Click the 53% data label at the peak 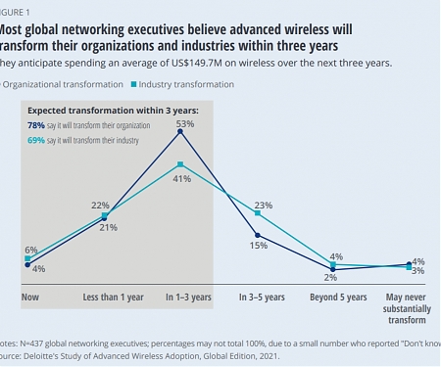[183, 125]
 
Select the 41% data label [183, 179]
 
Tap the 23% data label [264, 206]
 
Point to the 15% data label [258, 245]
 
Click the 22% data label [100, 205]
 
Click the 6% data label [31, 250]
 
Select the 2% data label [331, 277]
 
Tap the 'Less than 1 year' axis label [107, 296]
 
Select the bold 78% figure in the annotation [35, 126]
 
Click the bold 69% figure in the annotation [35, 142]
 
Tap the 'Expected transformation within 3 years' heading [112, 111]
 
